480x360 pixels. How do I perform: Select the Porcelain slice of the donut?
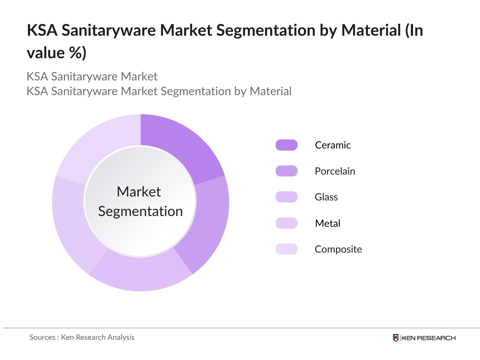pos(210,222)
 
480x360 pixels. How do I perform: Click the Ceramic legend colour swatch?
pos(286,145)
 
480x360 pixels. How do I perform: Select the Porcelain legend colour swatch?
pos(286,171)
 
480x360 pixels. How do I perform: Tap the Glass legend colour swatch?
pos(286,197)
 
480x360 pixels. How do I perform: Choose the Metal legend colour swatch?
pos(286,223)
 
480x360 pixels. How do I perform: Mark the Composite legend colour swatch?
pos(286,249)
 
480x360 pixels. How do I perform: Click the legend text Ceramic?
pos(333,145)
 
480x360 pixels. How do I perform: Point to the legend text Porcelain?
pos(335,171)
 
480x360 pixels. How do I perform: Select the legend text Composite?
pos(338,249)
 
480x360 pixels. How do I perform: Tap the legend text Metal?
pos(328,223)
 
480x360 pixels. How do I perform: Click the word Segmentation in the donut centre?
pos(140,211)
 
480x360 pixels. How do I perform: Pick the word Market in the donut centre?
pos(139,192)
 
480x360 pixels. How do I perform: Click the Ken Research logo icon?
pos(396,338)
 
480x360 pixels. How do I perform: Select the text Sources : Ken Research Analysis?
pos(82,337)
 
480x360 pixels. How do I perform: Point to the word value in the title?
pos(46,53)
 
